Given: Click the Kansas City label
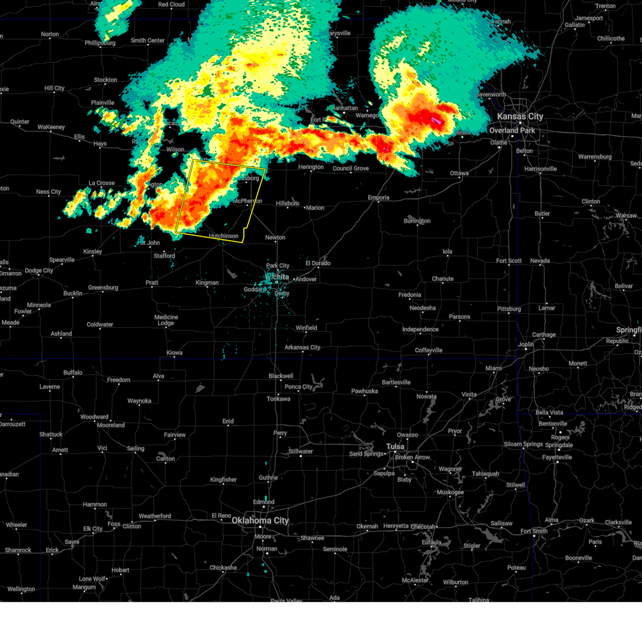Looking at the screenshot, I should (519, 116).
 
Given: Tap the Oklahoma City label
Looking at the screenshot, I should (260, 520).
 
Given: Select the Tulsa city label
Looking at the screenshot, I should (395, 446).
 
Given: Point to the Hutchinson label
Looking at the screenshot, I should (224, 236).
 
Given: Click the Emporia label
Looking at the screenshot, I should (378, 197).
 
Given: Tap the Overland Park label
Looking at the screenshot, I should (512, 130).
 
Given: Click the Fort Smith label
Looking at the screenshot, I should (533, 531).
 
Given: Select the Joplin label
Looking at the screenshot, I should (526, 344).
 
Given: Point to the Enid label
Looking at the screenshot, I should (228, 421).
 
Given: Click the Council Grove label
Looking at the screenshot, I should (350, 168).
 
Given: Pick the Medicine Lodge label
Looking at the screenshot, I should (166, 320).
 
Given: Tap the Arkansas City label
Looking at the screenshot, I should (302, 347).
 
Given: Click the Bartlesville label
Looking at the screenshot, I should (396, 382).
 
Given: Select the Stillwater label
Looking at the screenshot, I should (301, 451).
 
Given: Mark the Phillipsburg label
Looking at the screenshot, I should (100, 43).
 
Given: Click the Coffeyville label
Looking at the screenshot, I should (429, 350).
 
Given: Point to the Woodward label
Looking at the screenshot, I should (94, 417).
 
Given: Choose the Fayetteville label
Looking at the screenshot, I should (557, 457).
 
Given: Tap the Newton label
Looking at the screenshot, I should (275, 238).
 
